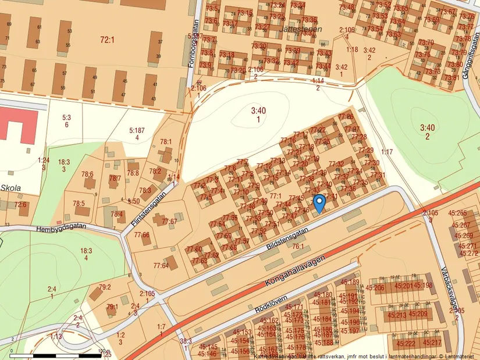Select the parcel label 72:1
click(107, 40)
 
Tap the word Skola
click(11, 188)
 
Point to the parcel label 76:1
click(298, 247)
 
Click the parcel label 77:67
click(169, 221)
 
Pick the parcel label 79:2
click(105, 287)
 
